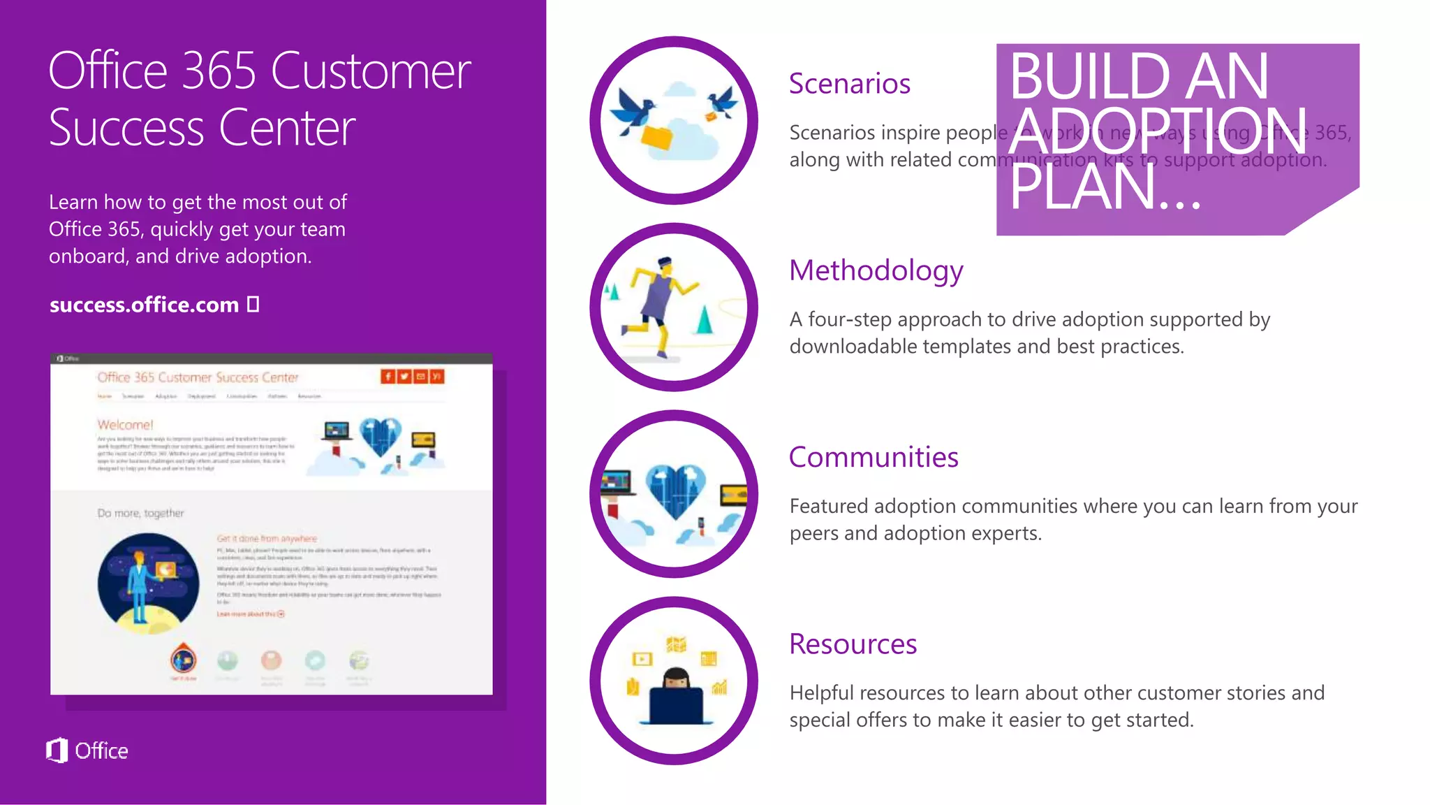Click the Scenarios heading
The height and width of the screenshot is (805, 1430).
tap(849, 84)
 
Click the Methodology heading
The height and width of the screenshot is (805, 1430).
tap(876, 271)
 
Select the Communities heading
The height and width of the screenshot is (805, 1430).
tap(873, 458)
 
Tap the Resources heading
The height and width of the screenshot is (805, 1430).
tap(853, 644)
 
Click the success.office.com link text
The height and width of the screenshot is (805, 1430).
tap(144, 305)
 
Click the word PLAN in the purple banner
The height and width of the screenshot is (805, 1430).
tap(1080, 187)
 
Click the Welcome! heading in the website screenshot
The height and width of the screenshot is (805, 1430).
tap(125, 425)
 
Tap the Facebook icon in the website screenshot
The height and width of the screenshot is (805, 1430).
tap(388, 377)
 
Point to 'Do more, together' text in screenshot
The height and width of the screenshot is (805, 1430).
tap(140, 513)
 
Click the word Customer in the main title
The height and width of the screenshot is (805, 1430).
tap(370, 71)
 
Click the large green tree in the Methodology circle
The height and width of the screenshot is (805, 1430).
tap(705, 320)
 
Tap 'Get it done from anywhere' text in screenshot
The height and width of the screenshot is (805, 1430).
tap(267, 539)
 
